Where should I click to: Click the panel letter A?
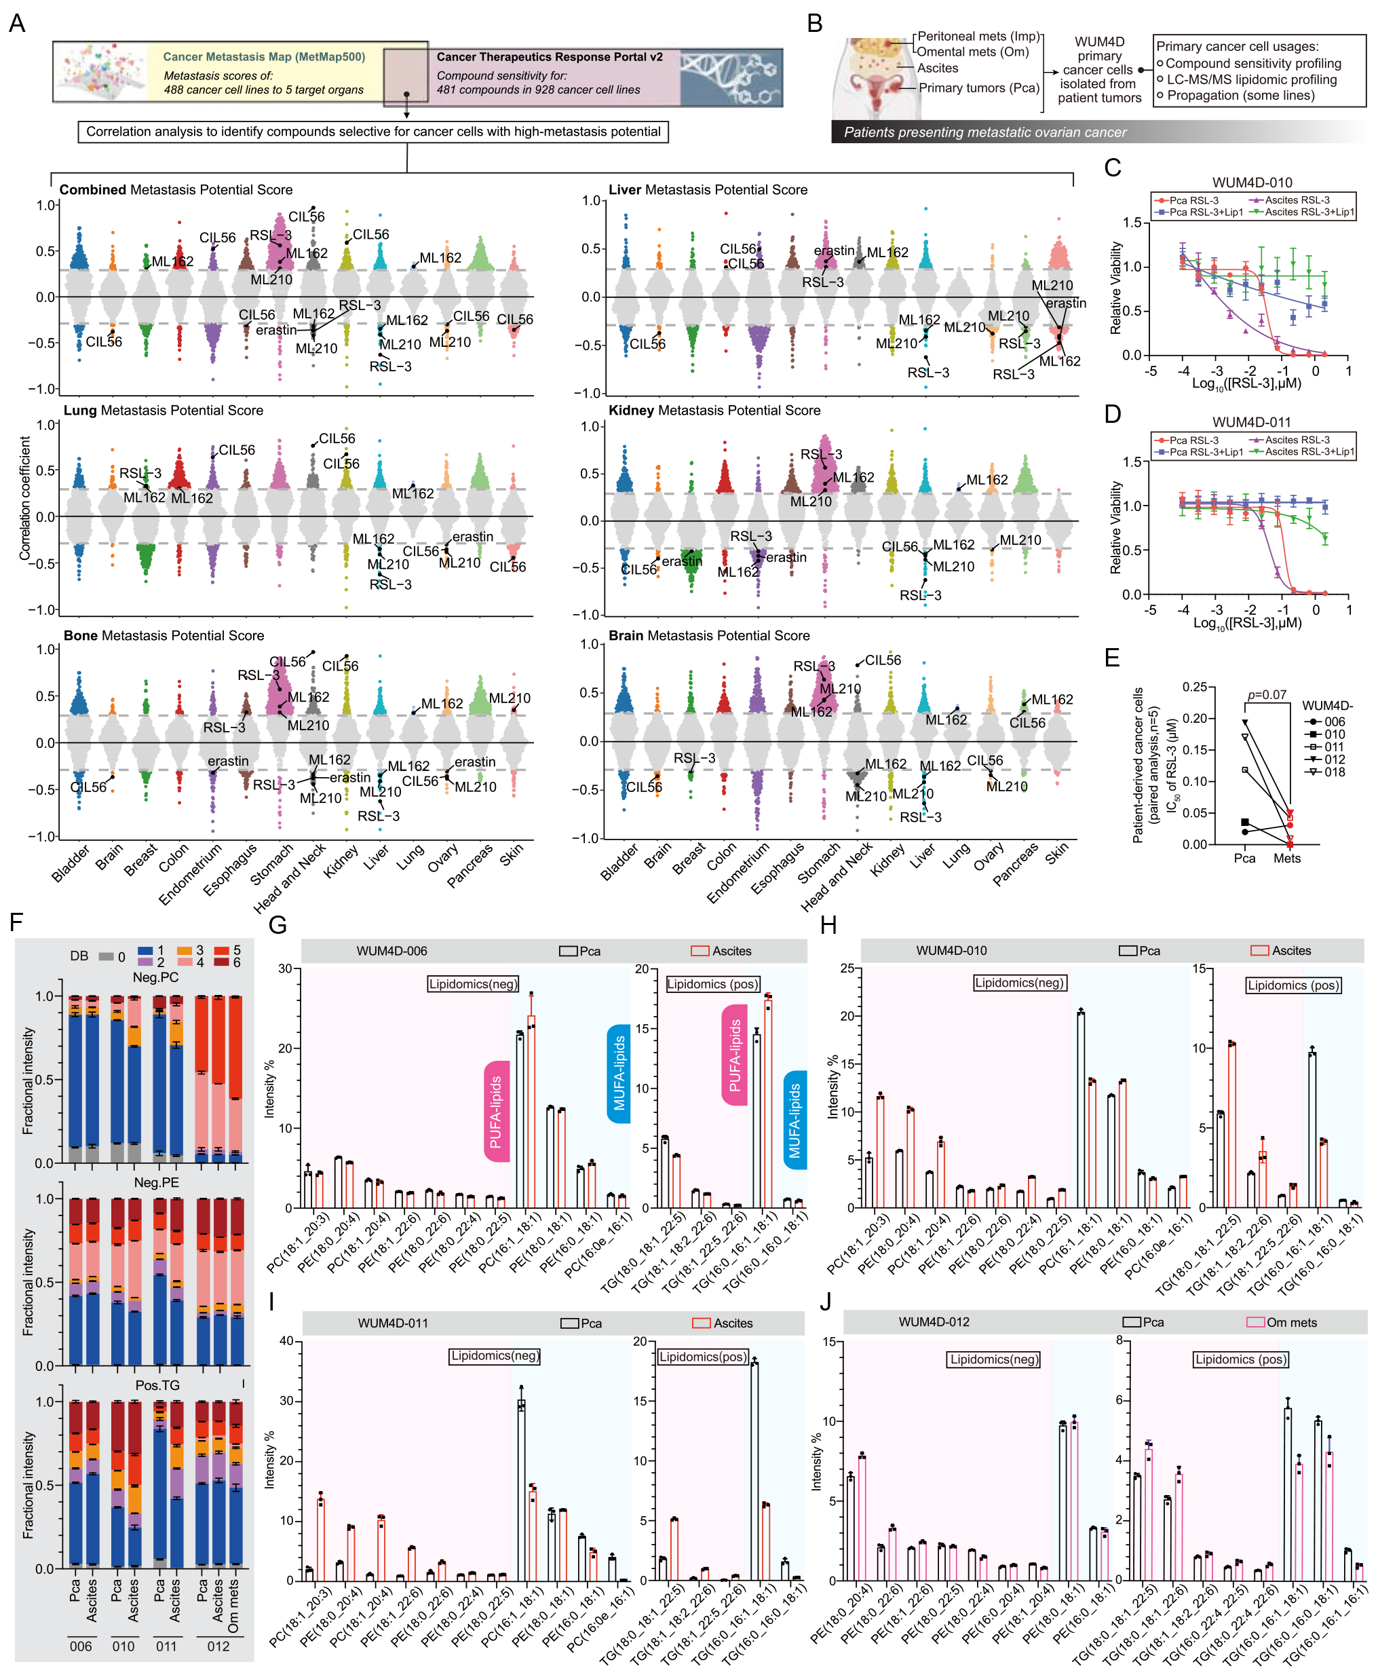coord(17,23)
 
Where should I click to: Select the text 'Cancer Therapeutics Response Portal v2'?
coord(550,57)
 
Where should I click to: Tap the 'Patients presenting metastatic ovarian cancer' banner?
coord(984,132)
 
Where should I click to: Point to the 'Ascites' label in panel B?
coord(938,69)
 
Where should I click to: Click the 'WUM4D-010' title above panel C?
coord(1252,183)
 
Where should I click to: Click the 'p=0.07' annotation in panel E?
coord(1266,695)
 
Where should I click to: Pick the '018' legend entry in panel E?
coord(1335,772)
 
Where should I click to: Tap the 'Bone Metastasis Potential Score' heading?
coord(164,636)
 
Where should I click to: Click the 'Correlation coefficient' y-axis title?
coord(25,498)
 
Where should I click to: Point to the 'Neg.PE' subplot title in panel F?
coord(156,1182)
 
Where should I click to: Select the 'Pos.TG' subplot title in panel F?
coord(157,1386)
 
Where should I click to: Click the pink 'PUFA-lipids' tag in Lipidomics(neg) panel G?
coord(496,1112)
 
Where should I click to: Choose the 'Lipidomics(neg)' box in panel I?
coord(495,1356)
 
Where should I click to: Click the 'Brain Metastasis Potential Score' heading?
coord(709,636)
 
